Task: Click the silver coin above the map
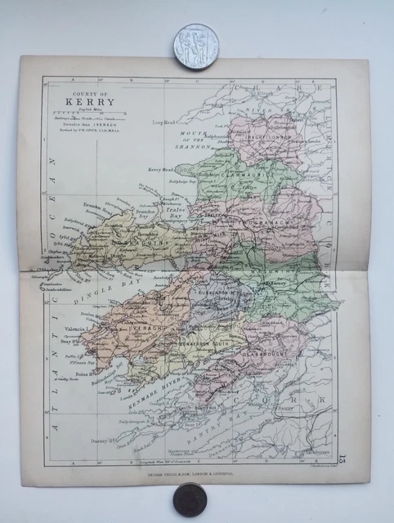tap(196, 47)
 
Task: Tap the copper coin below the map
tap(189, 499)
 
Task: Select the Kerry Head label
tap(162, 168)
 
